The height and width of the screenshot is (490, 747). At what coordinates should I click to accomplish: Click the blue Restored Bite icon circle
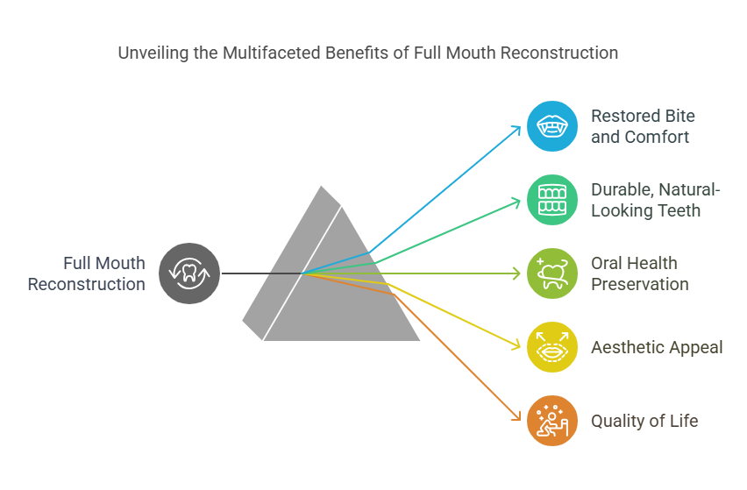(552, 126)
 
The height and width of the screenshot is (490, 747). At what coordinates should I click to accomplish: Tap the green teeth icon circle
(552, 200)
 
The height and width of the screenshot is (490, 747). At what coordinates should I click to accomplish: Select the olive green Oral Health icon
(552, 273)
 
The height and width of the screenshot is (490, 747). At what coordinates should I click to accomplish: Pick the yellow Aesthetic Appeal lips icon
(552, 347)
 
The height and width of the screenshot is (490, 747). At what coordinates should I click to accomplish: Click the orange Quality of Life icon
(552, 421)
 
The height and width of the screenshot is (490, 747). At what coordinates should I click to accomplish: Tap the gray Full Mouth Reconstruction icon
(189, 273)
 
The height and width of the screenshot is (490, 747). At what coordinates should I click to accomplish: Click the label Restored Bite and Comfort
(643, 126)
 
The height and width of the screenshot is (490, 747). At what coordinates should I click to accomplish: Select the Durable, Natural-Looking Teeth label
(656, 200)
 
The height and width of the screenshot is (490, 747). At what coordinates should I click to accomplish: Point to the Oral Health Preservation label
(640, 273)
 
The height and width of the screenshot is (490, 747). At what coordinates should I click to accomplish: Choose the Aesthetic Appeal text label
(657, 347)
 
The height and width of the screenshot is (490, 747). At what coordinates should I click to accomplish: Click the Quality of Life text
(644, 421)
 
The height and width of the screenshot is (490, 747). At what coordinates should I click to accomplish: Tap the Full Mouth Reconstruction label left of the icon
(86, 273)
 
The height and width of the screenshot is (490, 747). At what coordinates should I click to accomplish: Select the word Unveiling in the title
(153, 53)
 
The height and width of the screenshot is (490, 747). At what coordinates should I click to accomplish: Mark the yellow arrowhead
(516, 345)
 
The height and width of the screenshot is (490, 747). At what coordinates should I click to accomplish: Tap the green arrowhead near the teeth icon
(516, 202)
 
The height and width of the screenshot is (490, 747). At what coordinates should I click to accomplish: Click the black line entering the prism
(262, 273)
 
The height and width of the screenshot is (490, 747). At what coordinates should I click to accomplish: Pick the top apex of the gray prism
(321, 186)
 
